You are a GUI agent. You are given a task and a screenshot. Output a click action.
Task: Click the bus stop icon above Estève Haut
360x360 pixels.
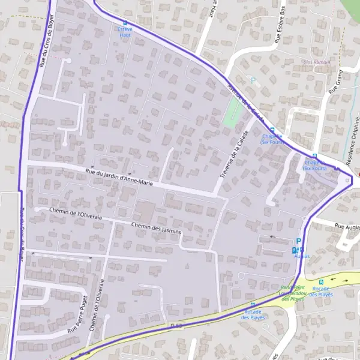tap(125, 22)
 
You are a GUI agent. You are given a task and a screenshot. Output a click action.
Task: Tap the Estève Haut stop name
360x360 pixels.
tap(125, 32)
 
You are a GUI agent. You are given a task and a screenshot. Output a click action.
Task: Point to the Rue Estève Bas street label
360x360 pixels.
tap(279, 27)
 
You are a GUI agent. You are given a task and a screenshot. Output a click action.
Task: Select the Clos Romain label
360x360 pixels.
tap(317, 62)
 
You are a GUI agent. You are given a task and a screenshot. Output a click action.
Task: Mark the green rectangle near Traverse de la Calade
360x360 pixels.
tap(231, 112)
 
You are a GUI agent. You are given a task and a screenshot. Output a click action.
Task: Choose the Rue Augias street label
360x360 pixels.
tap(347, 227)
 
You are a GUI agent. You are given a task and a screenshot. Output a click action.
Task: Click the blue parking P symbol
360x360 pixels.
tap(299, 240)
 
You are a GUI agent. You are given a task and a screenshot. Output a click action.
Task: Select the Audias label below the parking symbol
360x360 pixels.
tap(302, 256)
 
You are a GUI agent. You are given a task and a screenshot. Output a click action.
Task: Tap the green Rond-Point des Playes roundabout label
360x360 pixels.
tap(293, 292)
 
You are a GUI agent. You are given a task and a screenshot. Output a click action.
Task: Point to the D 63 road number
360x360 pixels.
tap(176, 325)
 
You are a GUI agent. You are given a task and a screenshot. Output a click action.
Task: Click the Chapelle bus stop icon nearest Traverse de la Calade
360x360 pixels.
tap(272, 130)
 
